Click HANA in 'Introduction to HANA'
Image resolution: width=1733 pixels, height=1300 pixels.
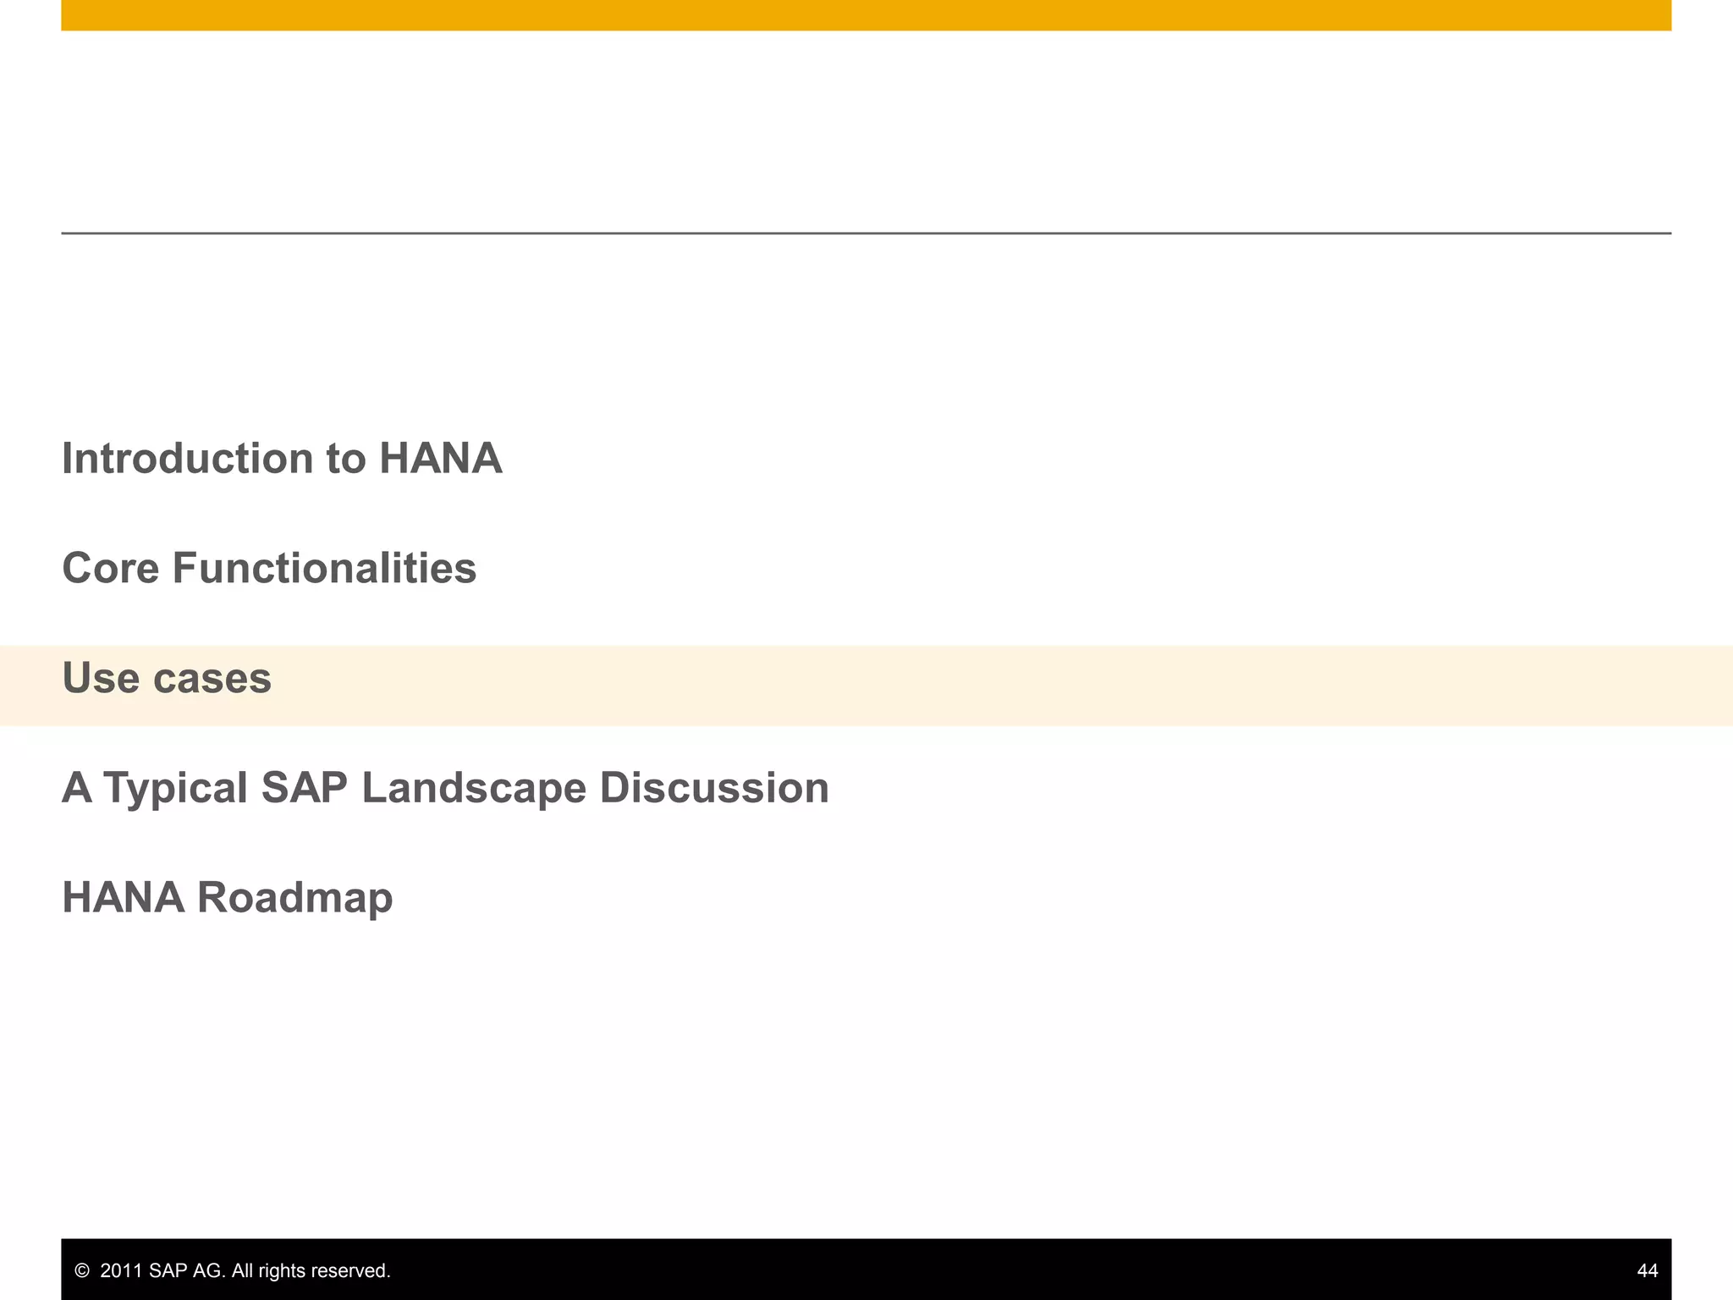[440, 459]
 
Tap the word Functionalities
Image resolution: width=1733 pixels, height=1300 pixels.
[324, 568]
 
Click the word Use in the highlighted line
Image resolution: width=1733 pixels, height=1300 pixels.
[101, 678]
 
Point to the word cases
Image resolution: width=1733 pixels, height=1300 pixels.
[212, 678]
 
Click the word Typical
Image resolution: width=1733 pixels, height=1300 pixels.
[176, 788]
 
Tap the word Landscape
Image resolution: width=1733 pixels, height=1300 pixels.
[473, 788]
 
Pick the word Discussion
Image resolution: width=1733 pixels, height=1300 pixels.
[714, 788]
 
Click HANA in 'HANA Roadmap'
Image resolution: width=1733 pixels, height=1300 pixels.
[124, 897]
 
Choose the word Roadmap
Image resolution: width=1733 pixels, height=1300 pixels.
[294, 897]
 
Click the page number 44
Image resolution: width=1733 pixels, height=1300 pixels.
[1647, 1270]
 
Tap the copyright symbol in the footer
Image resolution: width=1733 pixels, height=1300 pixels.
[82, 1270]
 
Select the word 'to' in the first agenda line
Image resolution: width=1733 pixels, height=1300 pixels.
[345, 459]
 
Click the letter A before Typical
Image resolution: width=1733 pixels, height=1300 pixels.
[77, 788]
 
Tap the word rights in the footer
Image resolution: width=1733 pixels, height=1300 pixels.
[283, 1270]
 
